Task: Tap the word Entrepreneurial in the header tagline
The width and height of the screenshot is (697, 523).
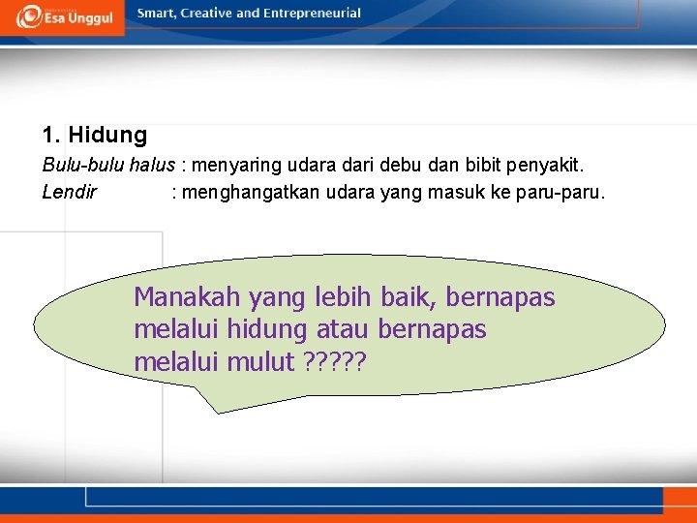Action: pos(311,14)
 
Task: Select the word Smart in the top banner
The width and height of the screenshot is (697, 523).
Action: pos(157,14)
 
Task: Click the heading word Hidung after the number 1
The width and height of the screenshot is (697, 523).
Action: pos(107,135)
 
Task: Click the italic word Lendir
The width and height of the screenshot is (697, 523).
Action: pos(70,192)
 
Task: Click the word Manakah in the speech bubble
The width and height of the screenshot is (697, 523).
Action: pos(187,297)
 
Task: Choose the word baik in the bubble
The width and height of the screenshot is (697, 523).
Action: pos(409,297)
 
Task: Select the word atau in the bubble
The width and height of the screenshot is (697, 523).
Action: pos(343,330)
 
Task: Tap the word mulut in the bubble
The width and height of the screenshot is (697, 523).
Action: pos(260,363)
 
